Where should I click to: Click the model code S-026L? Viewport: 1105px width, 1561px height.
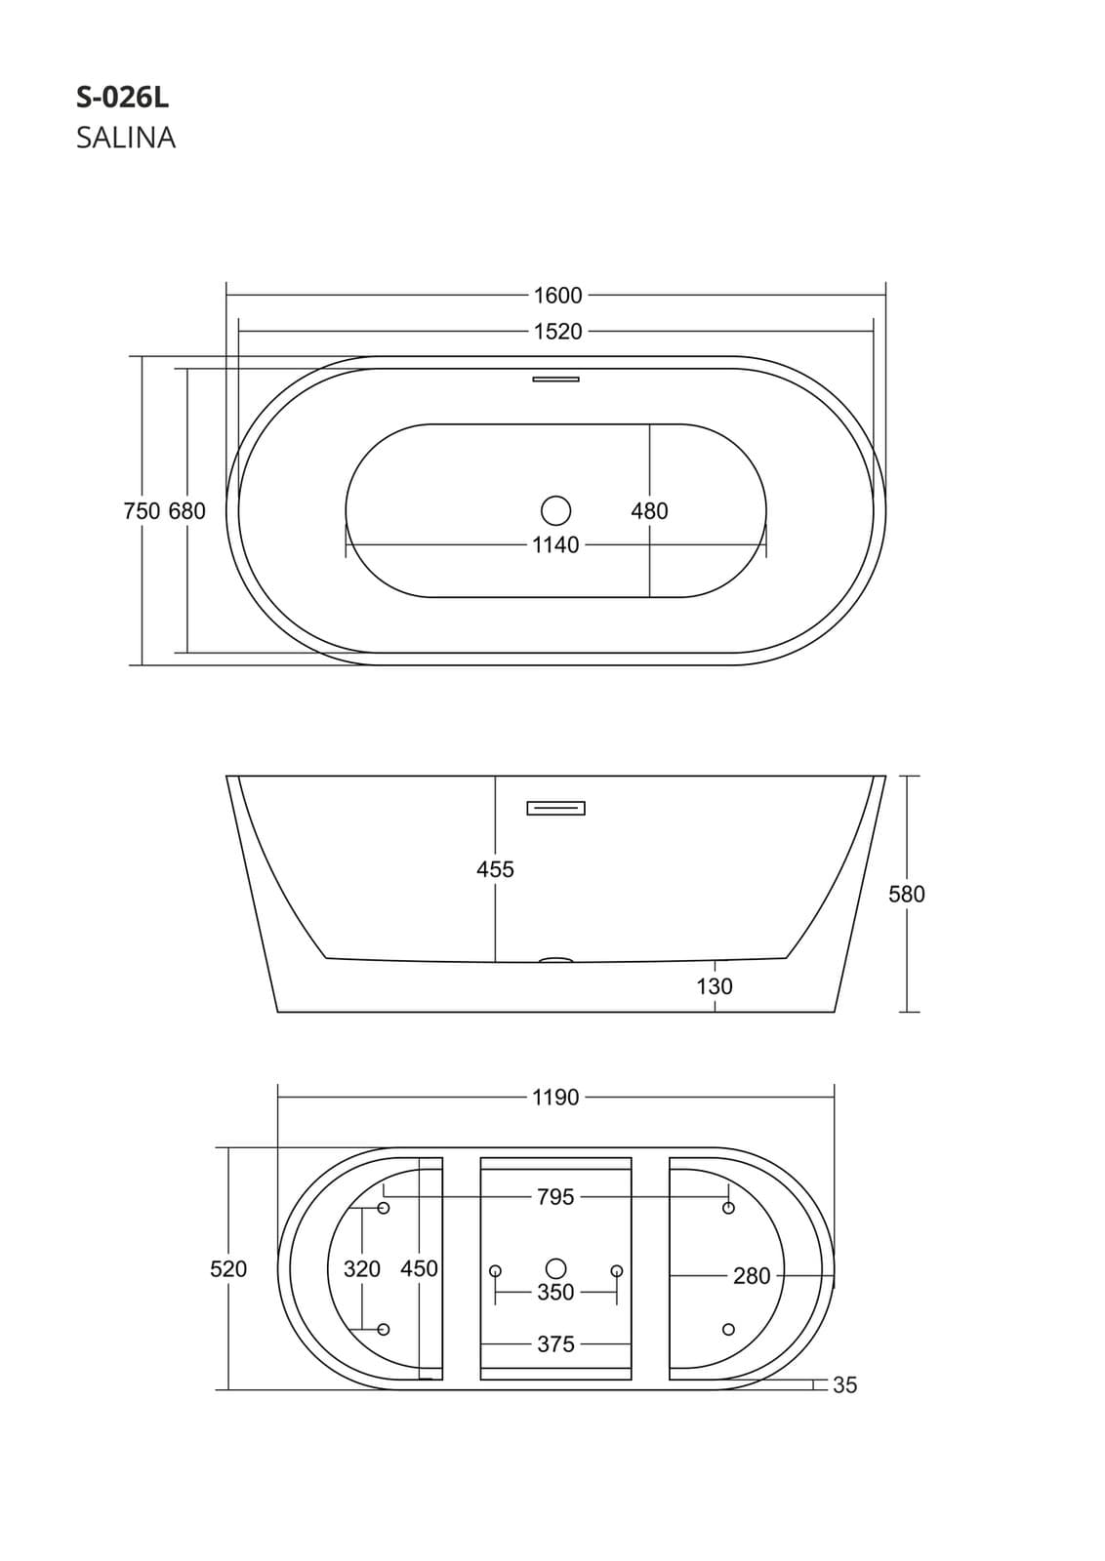click(x=123, y=99)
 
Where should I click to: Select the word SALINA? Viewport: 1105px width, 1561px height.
click(x=126, y=138)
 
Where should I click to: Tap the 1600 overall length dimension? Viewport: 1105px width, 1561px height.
click(x=557, y=296)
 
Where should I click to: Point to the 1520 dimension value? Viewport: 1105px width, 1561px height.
click(x=557, y=331)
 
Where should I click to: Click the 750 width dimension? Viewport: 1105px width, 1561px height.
click(x=142, y=511)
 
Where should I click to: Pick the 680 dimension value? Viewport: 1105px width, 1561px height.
click(x=186, y=511)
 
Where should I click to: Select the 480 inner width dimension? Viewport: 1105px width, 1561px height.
click(x=649, y=511)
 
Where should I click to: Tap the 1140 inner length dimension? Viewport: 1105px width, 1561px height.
click(x=555, y=545)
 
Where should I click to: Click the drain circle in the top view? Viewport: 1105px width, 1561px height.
click(x=555, y=511)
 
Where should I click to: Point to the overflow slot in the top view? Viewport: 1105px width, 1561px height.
click(x=555, y=380)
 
